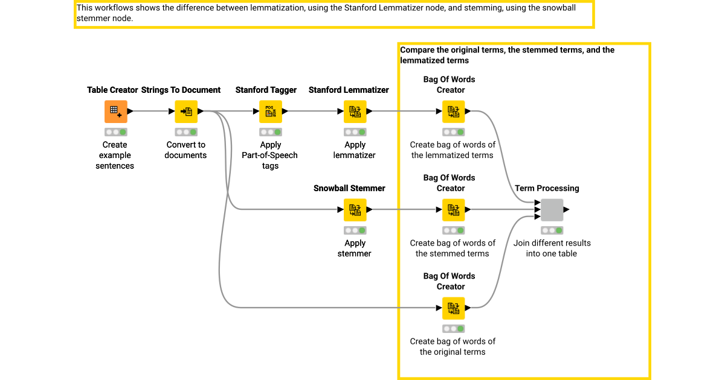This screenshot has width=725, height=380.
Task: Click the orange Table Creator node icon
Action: (115, 112)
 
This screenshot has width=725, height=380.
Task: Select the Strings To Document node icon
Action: (186, 112)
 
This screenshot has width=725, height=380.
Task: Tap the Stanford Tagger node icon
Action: (270, 112)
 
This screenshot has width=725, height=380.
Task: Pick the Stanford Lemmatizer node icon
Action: (355, 112)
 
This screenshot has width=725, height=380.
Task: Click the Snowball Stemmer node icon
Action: (355, 210)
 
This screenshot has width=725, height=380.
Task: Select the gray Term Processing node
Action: (552, 210)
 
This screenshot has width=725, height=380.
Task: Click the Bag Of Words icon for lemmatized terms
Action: (453, 112)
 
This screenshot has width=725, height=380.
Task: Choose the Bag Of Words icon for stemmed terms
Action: (453, 210)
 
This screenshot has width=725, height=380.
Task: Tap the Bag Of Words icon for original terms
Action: (453, 308)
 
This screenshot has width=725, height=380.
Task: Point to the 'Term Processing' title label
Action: (547, 188)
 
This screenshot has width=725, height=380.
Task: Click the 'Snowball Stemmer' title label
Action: (349, 188)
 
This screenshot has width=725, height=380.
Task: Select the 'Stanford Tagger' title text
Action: (266, 90)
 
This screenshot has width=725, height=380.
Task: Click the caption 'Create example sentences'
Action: (115, 155)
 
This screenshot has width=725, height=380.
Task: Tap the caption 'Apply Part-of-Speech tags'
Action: (270, 155)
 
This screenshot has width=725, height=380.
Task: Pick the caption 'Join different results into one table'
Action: (552, 248)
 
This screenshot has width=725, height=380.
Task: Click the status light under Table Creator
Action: (115, 132)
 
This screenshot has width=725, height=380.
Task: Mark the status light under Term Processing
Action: (552, 230)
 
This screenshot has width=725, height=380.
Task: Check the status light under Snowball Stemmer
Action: (355, 230)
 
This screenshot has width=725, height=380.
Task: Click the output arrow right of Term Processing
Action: (566, 210)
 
